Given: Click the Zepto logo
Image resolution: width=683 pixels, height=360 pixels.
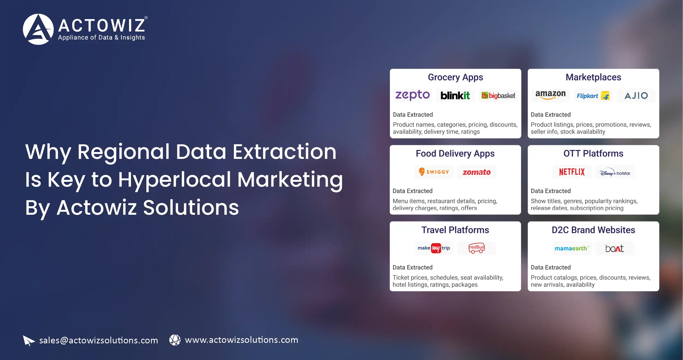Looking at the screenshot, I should [413, 95].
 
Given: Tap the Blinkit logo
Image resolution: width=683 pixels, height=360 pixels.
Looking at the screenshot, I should [455, 96].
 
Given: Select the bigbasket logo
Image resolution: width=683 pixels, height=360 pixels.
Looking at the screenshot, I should [498, 96].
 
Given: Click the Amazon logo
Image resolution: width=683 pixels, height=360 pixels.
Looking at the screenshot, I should [550, 95].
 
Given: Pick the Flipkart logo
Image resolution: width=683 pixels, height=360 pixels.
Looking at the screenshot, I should [593, 96].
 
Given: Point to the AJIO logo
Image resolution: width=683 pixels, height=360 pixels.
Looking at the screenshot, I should [636, 96].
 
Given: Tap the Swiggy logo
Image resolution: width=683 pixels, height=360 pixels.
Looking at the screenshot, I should [434, 172].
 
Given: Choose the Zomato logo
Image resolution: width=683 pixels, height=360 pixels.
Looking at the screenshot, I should [476, 172].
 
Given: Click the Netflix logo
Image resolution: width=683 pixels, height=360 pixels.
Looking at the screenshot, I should [572, 172].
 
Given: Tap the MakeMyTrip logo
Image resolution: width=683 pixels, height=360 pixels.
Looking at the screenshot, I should [434, 248].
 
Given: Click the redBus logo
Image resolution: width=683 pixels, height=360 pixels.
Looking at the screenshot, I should [476, 248].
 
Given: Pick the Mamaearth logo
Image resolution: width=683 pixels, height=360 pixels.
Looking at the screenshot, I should [572, 248].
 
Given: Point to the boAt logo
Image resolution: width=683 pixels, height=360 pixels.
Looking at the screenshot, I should [615, 248].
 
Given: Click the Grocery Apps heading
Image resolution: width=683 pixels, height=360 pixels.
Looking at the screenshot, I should [455, 77].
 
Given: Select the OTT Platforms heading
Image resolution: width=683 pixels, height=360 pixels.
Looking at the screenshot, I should [593, 154].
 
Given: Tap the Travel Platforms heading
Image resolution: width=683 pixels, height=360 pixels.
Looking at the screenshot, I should [455, 230].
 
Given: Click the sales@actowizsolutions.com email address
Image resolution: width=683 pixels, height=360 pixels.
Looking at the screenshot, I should [98, 340].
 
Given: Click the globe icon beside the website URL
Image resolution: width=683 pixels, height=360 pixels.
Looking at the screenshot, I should [175, 340].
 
